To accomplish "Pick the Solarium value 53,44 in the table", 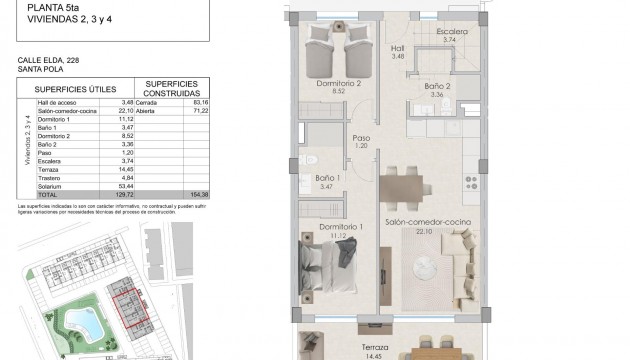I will [126, 186].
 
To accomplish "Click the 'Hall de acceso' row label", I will [58, 101].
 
